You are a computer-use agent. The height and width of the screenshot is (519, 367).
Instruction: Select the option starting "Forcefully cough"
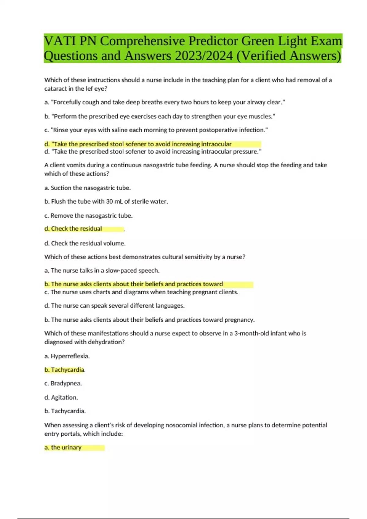165,102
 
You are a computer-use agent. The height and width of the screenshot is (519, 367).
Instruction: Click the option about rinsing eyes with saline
156,130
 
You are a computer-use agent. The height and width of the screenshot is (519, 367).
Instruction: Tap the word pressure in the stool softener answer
245,152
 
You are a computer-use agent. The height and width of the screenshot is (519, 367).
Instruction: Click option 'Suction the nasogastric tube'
87,188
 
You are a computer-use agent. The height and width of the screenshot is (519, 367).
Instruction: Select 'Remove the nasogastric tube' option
88,216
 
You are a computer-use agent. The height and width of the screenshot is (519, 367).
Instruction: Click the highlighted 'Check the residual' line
73,229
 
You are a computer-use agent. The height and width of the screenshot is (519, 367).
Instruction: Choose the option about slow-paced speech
102,270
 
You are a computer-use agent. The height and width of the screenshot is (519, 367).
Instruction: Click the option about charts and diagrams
141,292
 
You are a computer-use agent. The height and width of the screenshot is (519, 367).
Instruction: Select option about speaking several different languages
114,306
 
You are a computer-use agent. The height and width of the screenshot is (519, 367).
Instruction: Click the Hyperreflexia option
67,356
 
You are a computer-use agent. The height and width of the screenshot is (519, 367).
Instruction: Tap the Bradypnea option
63,383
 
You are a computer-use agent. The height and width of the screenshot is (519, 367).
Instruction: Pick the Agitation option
61,397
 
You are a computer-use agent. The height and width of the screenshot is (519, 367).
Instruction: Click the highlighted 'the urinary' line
63,448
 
